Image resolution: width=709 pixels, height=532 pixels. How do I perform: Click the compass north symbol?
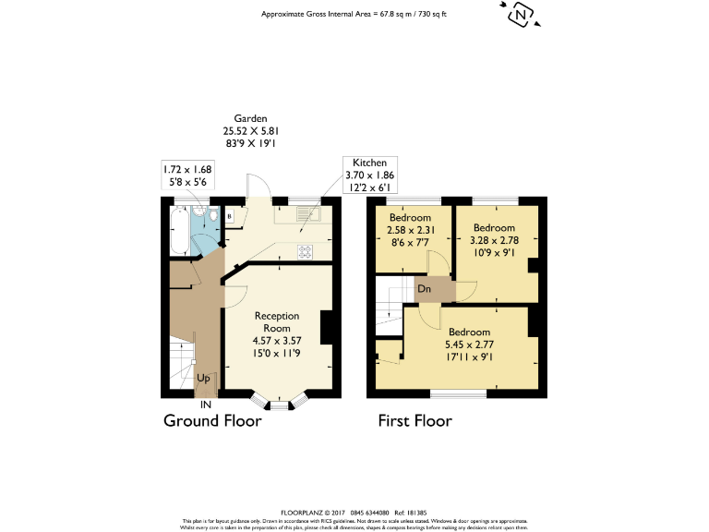(522, 15)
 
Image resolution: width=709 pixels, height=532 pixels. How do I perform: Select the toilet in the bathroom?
(213, 216)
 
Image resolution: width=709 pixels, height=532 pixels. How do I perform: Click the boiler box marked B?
(230, 217)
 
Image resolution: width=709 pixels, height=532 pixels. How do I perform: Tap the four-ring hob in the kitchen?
(305, 250)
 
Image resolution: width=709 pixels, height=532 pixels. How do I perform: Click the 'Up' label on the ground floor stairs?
(204, 378)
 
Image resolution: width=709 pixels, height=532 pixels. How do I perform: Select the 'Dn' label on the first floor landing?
(426, 288)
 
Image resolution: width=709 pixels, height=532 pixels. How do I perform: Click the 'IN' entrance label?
(204, 404)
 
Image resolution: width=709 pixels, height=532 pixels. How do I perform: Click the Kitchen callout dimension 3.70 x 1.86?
(368, 175)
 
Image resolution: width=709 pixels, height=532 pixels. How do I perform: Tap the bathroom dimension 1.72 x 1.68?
(187, 169)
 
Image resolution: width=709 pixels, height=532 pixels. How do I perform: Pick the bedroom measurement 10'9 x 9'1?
(495, 252)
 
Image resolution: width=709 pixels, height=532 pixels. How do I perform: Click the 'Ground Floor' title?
(212, 421)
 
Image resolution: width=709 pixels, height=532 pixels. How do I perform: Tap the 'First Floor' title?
(415, 421)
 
